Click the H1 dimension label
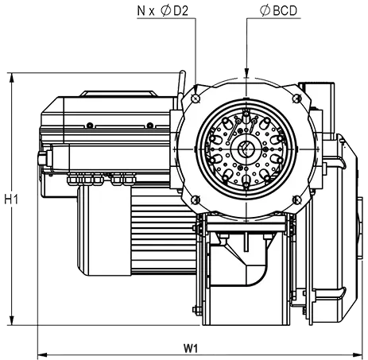[11, 199]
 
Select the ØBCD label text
[278, 11]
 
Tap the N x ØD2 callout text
[163, 11]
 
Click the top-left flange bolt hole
[196, 99]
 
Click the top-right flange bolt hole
[296, 99]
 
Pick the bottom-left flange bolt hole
[196, 199]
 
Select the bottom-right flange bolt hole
[296, 199]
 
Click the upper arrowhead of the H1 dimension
[12, 78]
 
